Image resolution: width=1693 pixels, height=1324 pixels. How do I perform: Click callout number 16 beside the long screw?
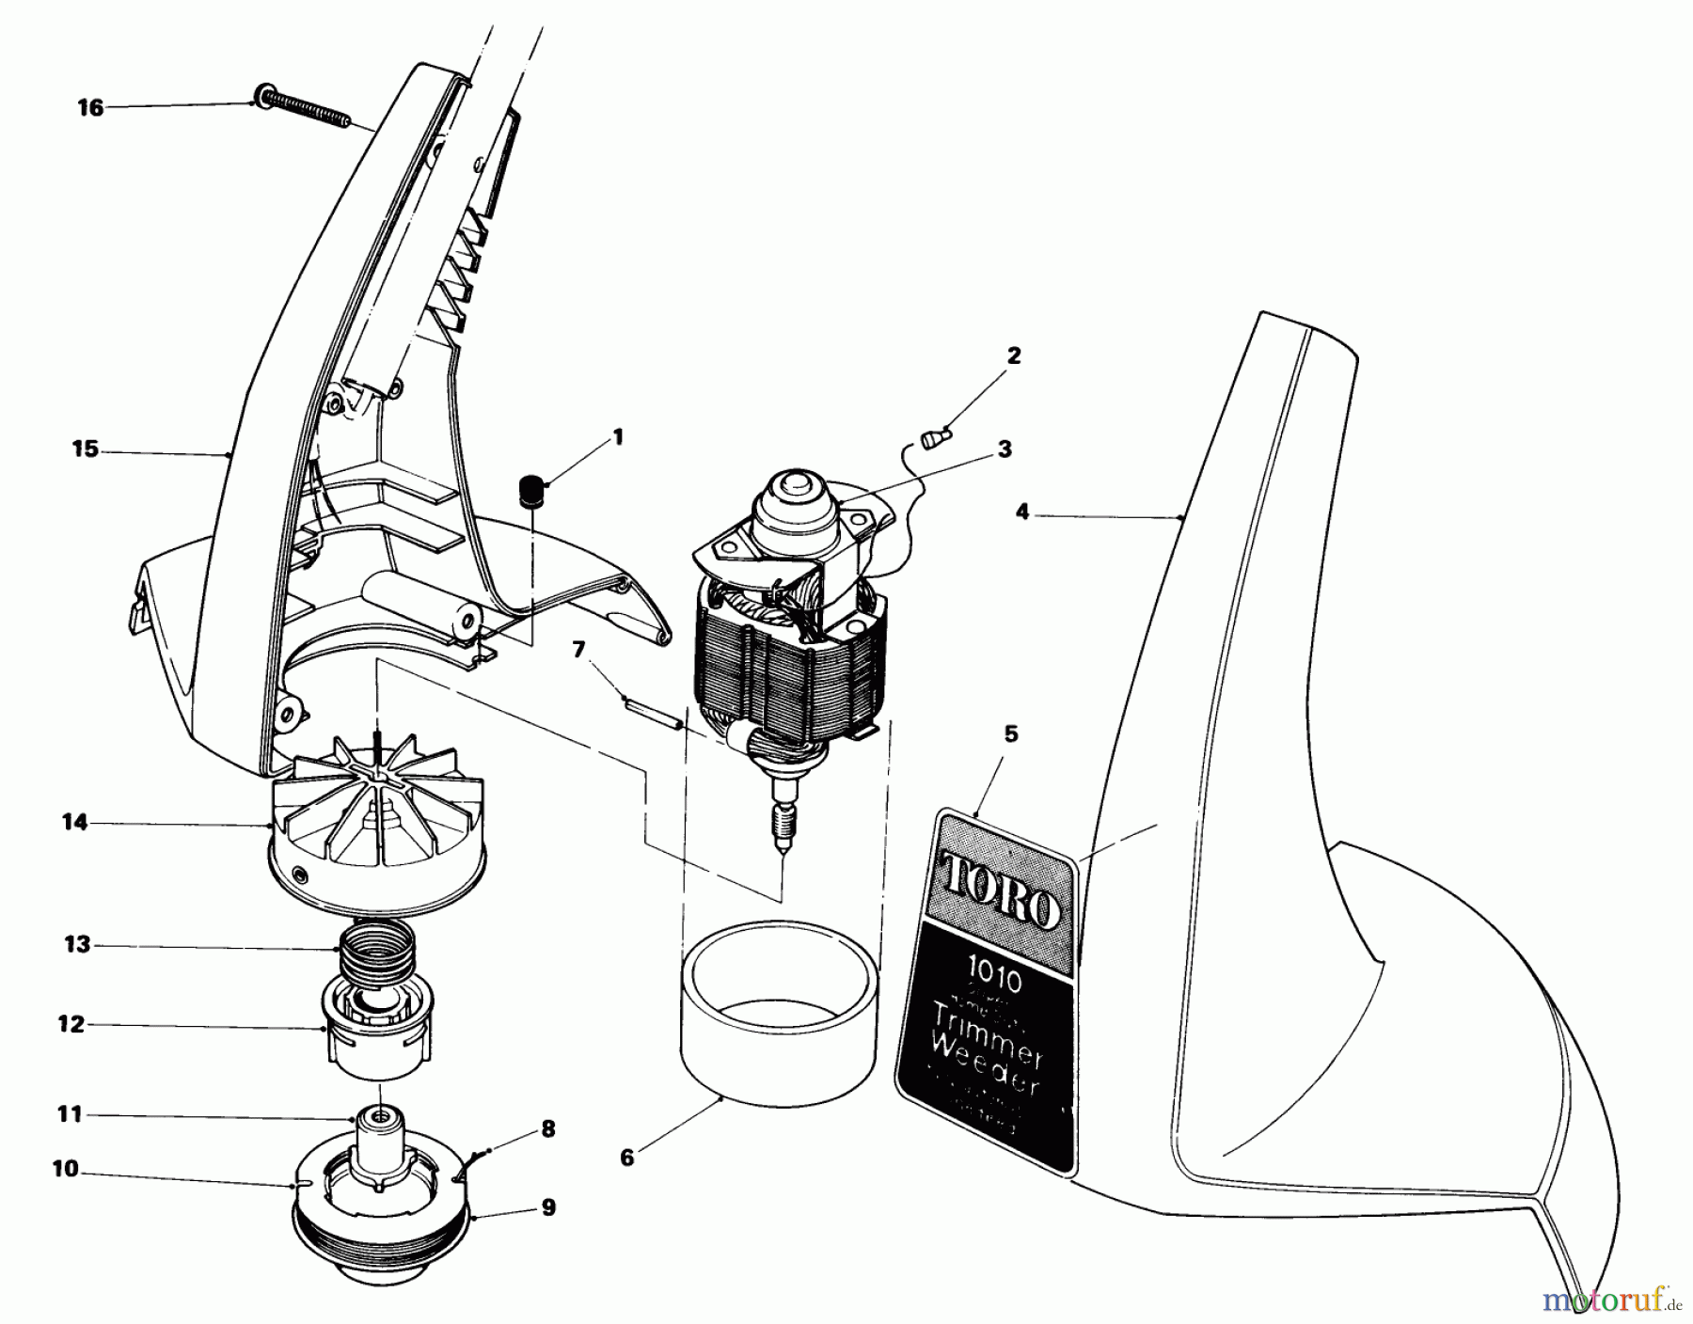[x=90, y=108]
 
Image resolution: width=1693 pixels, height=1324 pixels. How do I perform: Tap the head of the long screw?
[x=261, y=95]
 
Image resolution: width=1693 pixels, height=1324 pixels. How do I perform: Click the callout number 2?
[x=1013, y=355]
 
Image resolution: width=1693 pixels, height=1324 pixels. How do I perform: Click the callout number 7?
[x=578, y=648]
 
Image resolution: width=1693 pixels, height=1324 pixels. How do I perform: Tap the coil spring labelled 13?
[x=376, y=948]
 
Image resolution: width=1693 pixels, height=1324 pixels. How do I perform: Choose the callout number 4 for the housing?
[x=1023, y=512]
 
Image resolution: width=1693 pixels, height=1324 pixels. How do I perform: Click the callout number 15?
[x=85, y=449]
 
